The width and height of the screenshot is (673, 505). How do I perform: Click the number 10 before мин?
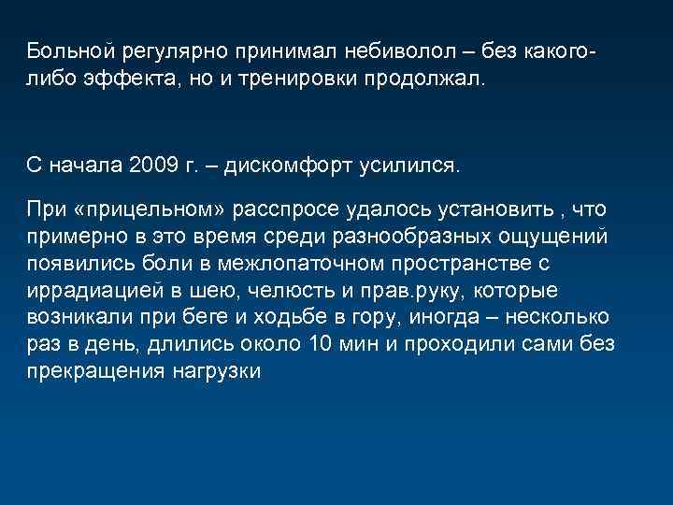(x=318, y=345)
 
